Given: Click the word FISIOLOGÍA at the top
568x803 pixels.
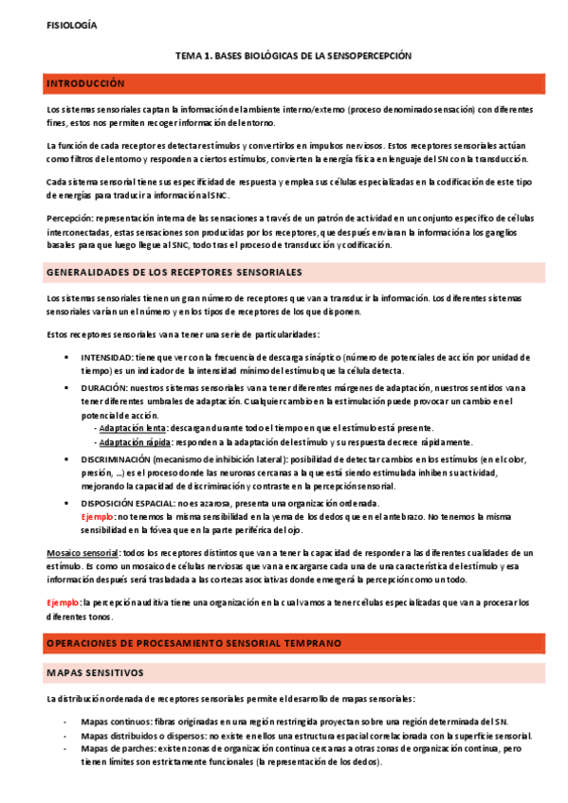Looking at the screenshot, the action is pyautogui.click(x=70, y=25).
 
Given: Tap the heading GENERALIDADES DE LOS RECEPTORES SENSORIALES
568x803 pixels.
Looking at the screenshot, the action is pyautogui.click(x=174, y=273).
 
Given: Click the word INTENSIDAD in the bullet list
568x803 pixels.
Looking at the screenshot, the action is pyautogui.click(x=105, y=358).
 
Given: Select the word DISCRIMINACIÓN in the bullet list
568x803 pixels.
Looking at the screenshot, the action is pyautogui.click(x=116, y=458).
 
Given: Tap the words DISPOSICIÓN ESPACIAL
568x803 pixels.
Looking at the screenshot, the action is pyautogui.click(x=126, y=504).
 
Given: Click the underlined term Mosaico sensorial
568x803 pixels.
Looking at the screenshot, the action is pyautogui.click(x=82, y=553).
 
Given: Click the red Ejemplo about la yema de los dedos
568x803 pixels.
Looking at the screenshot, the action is pyautogui.click(x=98, y=517).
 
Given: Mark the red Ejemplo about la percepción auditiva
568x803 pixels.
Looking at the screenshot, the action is pyautogui.click(x=64, y=602).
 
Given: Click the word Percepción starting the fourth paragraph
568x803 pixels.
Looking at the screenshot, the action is pyautogui.click(x=67, y=217).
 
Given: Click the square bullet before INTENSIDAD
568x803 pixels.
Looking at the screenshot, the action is pyautogui.click(x=65, y=358).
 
